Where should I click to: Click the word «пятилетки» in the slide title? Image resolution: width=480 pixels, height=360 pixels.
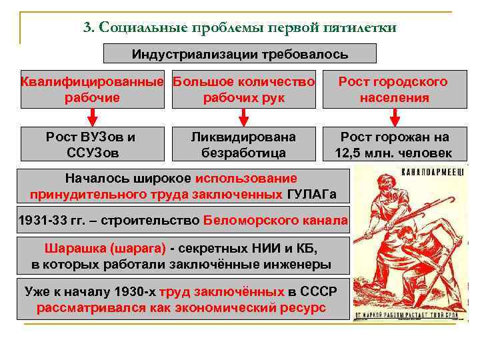(359, 27)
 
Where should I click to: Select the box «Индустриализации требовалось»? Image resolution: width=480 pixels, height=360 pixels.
(240, 53)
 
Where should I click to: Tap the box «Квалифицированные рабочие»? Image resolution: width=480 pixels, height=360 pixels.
(92, 90)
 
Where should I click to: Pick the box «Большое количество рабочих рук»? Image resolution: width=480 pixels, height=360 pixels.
(243, 90)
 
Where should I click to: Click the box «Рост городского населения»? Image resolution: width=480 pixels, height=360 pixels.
(394, 90)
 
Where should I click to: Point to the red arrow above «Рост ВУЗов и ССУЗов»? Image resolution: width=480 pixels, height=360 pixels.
(91, 117)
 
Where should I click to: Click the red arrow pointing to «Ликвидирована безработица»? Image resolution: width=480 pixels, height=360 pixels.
(243, 117)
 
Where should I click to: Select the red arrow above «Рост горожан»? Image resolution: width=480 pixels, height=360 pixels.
(395, 117)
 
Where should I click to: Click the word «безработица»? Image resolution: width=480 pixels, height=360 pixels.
(243, 153)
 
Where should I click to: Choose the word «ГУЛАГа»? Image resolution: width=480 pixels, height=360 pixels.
(311, 195)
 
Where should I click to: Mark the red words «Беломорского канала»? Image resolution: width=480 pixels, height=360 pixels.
(275, 221)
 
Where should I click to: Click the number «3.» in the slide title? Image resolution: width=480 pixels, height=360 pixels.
(90, 27)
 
